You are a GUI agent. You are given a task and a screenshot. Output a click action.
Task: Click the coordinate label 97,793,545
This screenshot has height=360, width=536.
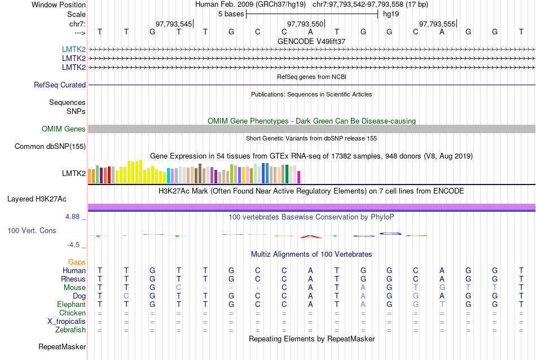(174, 24)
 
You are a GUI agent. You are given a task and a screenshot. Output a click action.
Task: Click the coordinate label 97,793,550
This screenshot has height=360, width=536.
(305, 24)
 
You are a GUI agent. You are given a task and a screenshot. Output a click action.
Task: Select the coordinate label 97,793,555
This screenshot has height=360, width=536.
(437, 24)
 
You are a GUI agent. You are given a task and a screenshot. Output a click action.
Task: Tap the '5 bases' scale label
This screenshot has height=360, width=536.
(231, 14)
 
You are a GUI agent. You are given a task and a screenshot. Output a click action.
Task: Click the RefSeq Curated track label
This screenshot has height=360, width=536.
(60, 85)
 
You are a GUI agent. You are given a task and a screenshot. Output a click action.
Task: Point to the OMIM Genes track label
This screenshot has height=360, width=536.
(64, 129)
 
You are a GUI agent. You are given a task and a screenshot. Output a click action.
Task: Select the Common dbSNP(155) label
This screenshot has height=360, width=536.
(50, 147)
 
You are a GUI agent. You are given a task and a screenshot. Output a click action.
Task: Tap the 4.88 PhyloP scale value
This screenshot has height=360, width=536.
(74, 216)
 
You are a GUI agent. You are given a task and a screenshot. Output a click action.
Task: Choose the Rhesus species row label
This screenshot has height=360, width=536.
(73, 279)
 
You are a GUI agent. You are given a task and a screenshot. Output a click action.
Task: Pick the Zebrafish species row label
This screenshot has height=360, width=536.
(70, 330)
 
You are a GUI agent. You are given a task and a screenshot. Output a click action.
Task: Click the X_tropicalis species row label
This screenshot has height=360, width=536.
(67, 321)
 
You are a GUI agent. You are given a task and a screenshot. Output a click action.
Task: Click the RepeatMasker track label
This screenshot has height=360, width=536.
(62, 346)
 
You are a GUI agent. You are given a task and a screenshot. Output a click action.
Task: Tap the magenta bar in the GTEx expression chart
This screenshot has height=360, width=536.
(299, 177)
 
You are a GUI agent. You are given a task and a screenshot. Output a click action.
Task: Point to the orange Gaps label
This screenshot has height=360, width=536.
(77, 262)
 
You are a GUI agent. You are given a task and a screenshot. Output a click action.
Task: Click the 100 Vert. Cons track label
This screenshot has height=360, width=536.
(32, 231)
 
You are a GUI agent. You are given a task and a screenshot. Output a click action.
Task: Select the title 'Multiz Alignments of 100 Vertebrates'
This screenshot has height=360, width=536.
(311, 254)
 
